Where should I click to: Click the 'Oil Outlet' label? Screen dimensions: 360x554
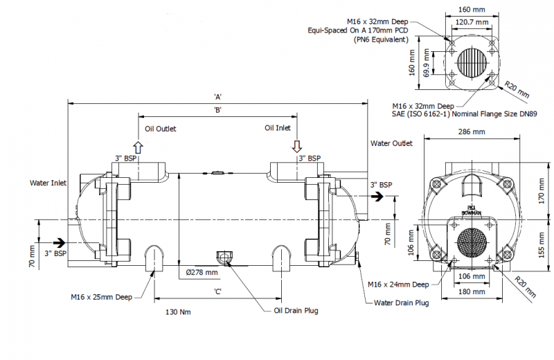[161, 129]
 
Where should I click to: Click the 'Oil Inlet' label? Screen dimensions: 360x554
[278, 128]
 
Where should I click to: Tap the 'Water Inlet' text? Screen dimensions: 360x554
[48, 183]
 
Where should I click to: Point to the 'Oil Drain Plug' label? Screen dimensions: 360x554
[292, 311]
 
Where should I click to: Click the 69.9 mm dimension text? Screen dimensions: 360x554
[432, 64]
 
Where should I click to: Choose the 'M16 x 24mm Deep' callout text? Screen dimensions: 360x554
[397, 284]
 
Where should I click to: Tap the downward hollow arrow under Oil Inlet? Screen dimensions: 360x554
[296, 146]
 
